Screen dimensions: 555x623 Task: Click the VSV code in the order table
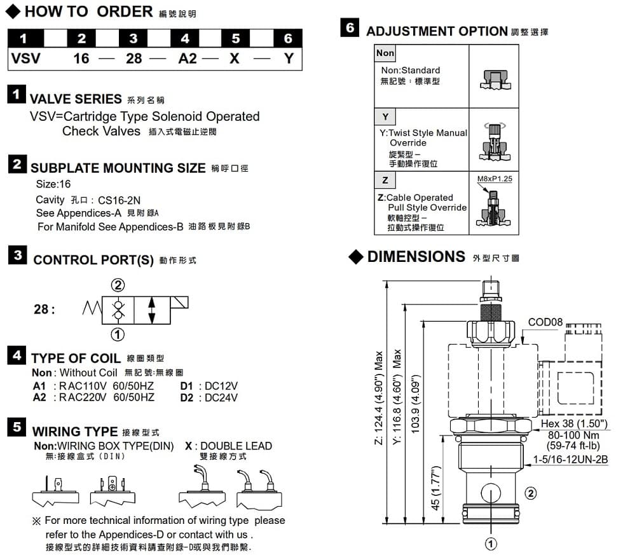tap(25, 58)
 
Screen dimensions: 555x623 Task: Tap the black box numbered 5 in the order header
tap(236, 38)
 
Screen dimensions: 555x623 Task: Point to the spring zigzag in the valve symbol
tap(92, 310)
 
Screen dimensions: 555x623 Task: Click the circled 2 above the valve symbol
tap(118, 284)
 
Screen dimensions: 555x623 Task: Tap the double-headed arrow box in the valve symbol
tap(151, 310)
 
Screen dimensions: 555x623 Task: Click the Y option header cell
tap(385, 117)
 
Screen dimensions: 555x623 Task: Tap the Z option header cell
tap(385, 181)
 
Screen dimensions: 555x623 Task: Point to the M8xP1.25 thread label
tap(495, 179)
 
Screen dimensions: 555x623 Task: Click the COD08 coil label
tap(545, 322)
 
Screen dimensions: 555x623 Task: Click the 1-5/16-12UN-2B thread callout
tap(570, 459)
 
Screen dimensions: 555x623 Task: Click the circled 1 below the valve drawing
tap(491, 544)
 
